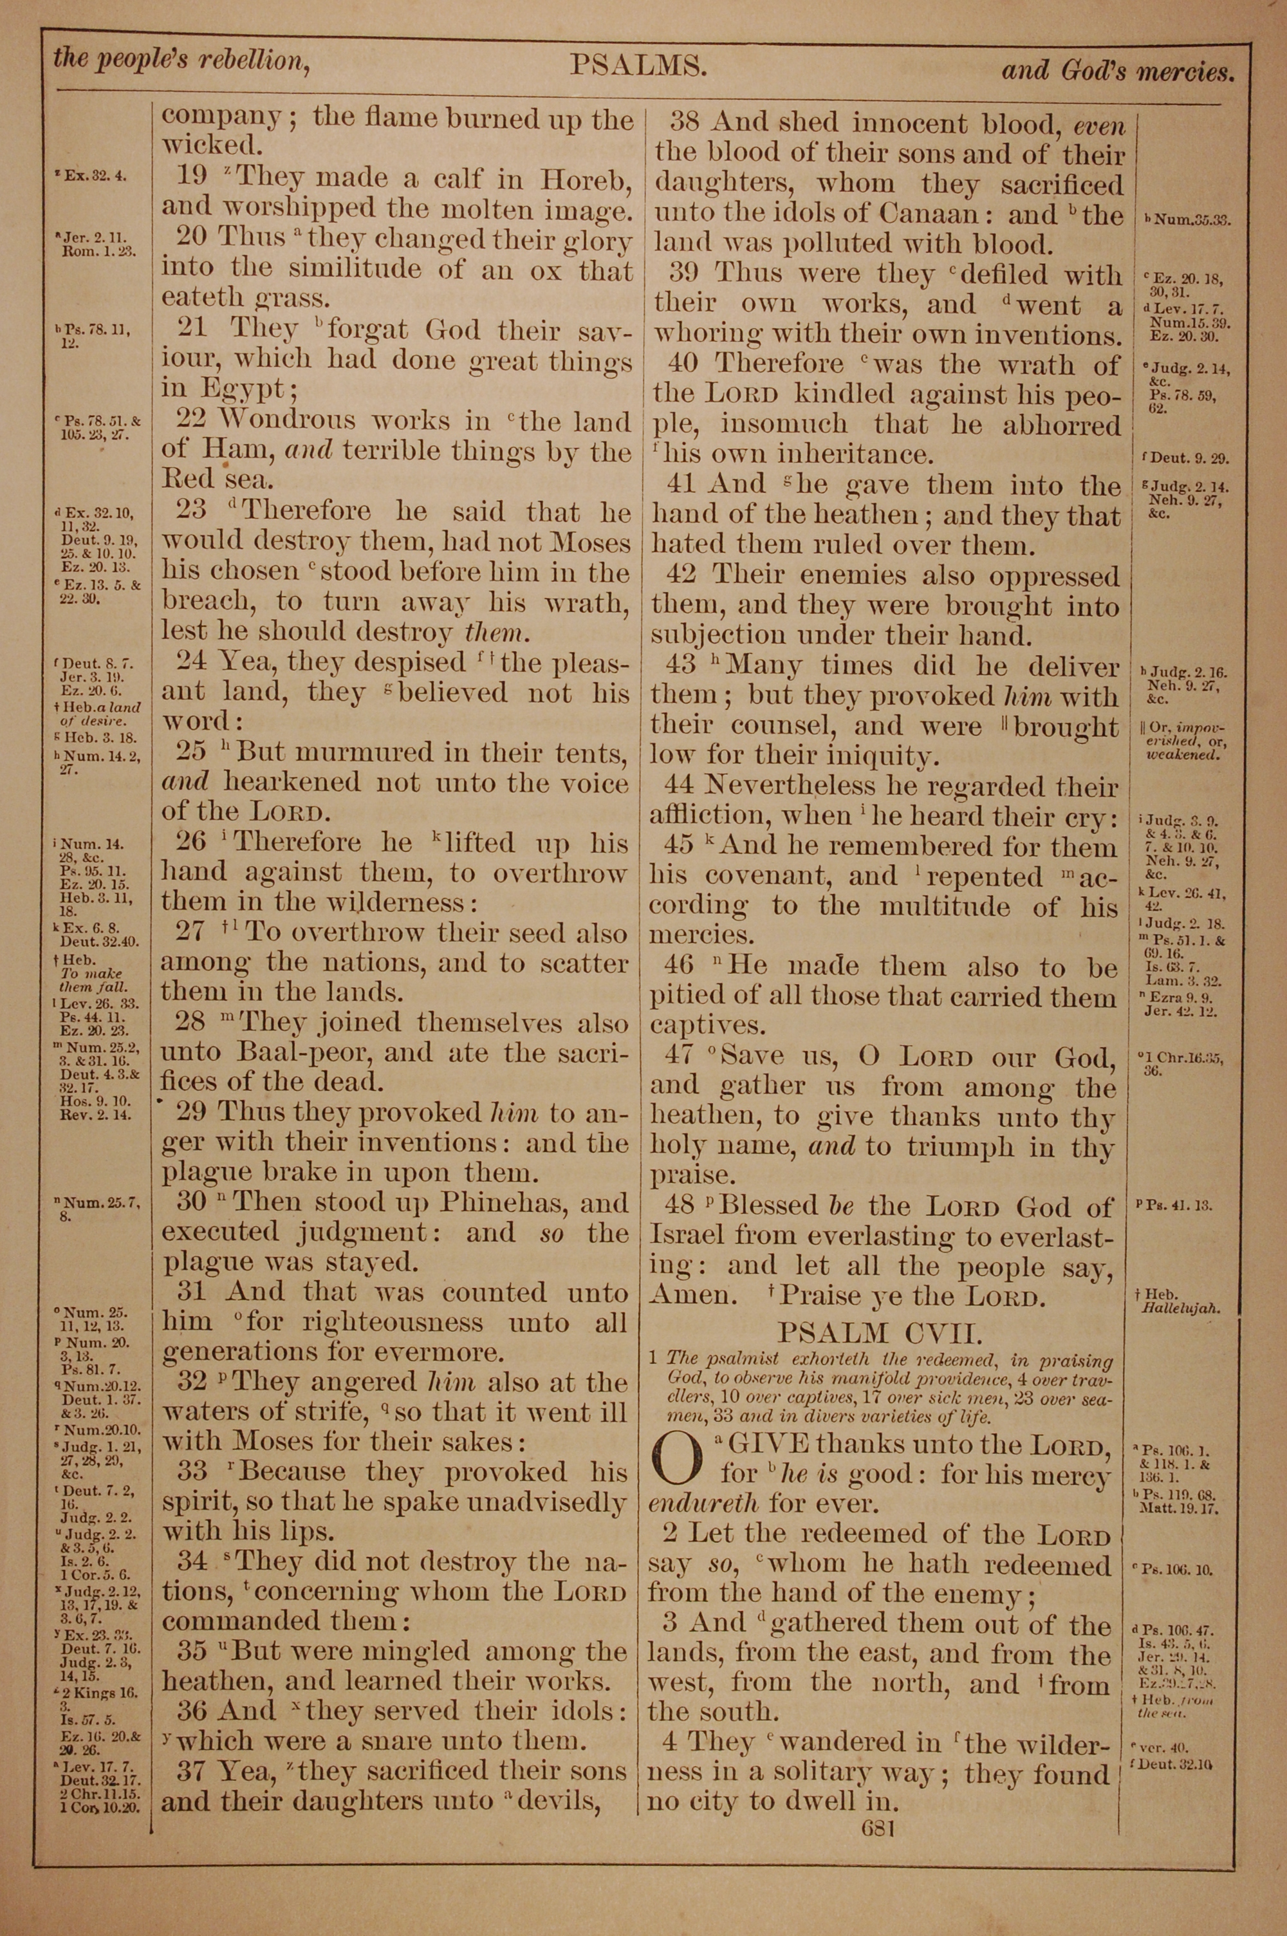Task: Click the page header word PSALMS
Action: click(x=638, y=66)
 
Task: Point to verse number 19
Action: click(x=193, y=178)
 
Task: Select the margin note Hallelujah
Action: click(x=1180, y=1309)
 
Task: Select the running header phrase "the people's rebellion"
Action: click(x=181, y=59)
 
